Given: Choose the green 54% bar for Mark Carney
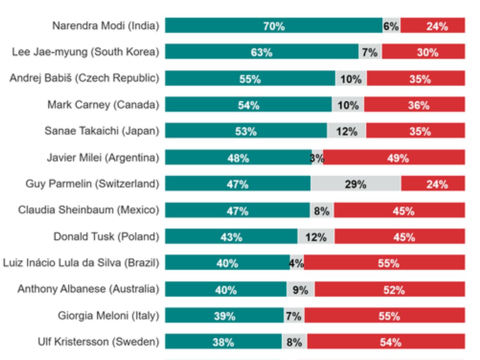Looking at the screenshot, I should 248,105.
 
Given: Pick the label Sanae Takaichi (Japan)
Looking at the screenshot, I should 102,131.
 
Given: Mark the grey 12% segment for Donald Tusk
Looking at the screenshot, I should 316,237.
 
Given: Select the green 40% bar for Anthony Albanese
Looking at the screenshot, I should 226,290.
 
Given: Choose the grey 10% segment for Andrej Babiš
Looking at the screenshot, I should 351,79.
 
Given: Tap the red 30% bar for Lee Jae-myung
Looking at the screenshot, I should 423,52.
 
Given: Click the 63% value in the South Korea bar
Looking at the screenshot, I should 262,52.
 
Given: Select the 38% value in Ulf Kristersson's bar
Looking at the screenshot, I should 224,342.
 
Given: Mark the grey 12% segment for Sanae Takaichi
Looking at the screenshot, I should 346,131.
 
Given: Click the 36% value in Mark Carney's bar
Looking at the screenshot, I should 419,105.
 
